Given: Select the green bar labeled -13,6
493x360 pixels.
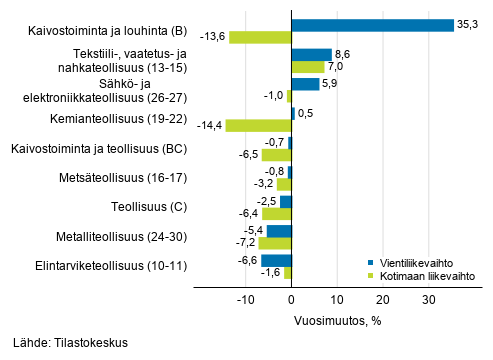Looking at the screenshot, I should tap(260, 37).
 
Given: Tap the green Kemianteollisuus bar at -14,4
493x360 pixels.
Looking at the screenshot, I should tap(258, 126).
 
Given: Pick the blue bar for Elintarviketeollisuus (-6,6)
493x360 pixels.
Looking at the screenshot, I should tap(276, 261).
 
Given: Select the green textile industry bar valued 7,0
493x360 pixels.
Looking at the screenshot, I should tap(307, 67).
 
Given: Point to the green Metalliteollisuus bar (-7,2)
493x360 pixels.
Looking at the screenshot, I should tap(275, 243).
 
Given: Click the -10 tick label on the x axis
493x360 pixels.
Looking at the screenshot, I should tap(245, 299).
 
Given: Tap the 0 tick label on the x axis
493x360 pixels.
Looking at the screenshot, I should tap(291, 299).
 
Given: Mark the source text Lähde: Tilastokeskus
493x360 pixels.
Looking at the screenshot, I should tap(71, 343).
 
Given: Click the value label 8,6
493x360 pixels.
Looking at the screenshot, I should tap(343, 51).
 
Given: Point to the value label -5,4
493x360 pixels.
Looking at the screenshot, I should tap(254, 228).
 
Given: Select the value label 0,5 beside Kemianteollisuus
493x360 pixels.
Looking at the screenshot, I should tap(306, 112).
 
